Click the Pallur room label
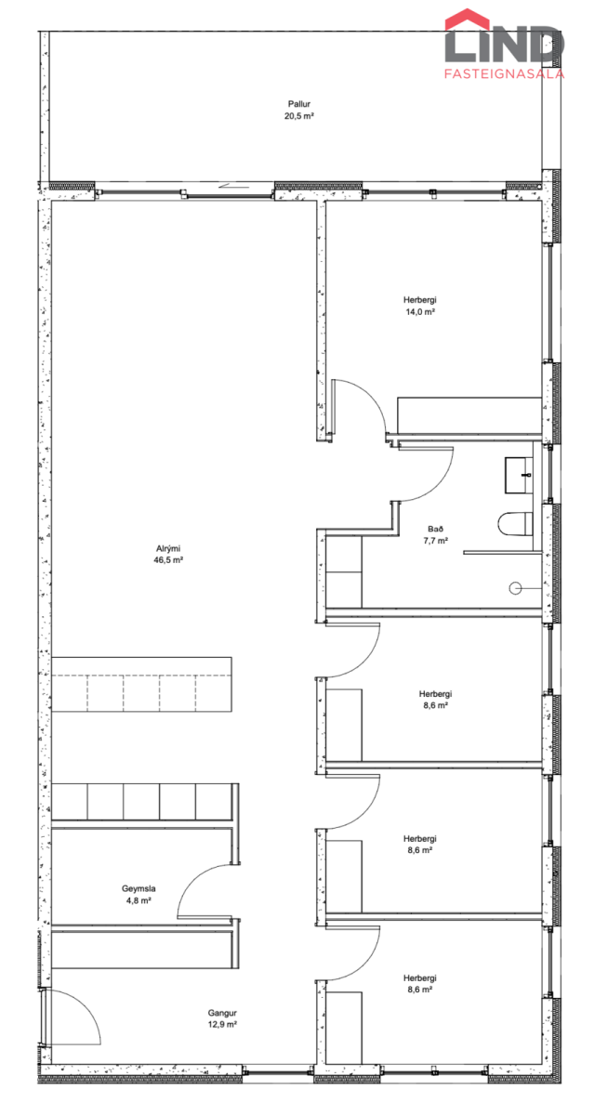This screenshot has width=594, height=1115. coord(298,104)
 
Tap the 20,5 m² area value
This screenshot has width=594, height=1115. coord(298,116)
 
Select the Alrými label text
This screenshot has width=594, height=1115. coord(168,548)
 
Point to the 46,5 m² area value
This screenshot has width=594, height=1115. coord(168,560)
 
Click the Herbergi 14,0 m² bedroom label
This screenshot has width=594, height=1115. coord(420,306)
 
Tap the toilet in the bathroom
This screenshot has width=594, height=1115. coord(515,524)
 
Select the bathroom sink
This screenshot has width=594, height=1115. coord(519,476)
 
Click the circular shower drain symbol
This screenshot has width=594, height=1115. coord(515,588)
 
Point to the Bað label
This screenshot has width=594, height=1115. coord(435,529)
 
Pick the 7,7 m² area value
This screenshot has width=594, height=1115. coord(435,541)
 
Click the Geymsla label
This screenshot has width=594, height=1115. coord(139,888)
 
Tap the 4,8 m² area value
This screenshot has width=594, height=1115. coord(139,900)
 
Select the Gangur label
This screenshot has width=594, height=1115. coord(222,1013)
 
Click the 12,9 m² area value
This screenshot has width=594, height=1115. coord(222,1024)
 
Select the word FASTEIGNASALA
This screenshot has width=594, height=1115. coord(504,73)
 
